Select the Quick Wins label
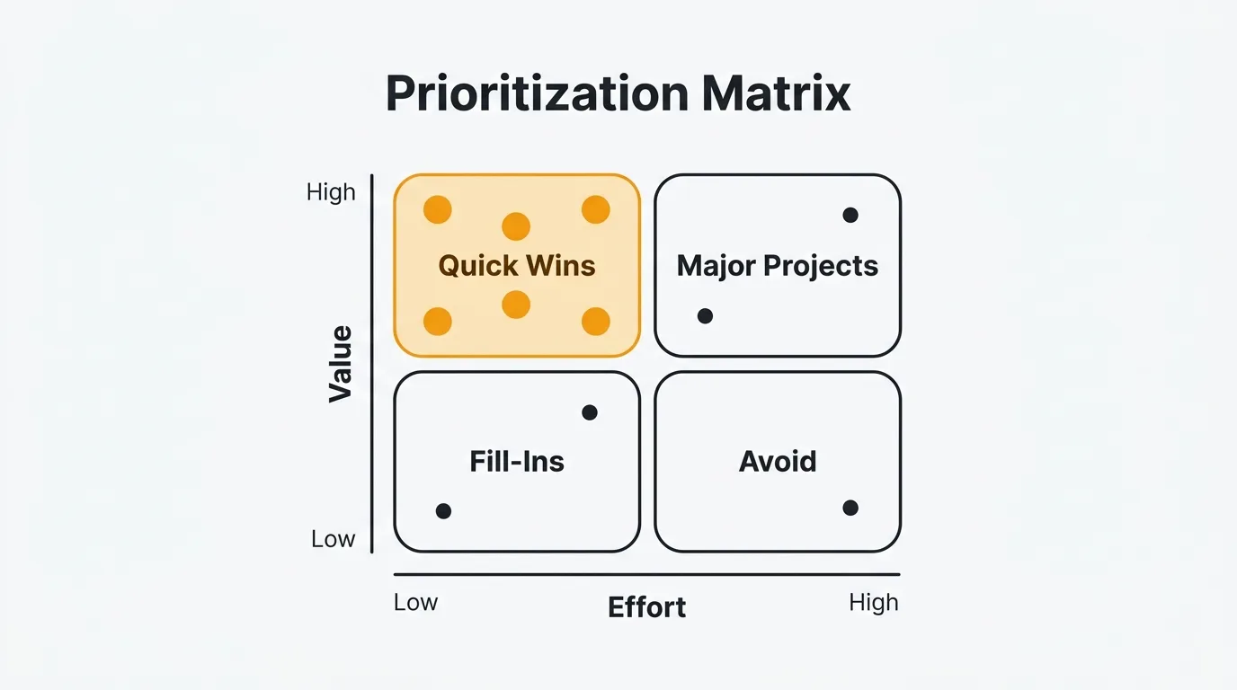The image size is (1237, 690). pos(517,266)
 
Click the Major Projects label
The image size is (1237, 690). pos(778,266)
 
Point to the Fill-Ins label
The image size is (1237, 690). pos(517,462)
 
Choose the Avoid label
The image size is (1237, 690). pos(778,462)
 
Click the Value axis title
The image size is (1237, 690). pos(341,364)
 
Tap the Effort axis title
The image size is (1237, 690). pos(646,607)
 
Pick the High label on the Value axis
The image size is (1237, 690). pos(331,192)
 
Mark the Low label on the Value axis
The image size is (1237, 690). pos(333,539)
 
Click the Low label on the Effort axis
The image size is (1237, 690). pos(415,602)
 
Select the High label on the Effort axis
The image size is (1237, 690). pos(873,602)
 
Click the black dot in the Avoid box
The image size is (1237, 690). pos(850,508)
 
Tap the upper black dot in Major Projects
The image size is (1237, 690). pos(850,215)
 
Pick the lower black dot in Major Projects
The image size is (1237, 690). pos(705,316)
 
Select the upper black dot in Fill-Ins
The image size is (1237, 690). pos(590,412)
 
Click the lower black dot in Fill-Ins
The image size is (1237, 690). pos(443,511)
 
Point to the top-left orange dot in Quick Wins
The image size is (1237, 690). pos(438,209)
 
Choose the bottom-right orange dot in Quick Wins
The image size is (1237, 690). pos(596,321)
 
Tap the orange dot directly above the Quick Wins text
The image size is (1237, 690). pos(516,226)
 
